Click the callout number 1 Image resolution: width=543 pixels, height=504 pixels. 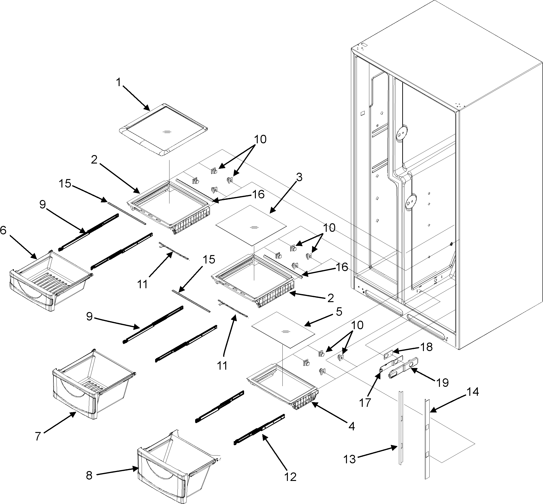(118, 82)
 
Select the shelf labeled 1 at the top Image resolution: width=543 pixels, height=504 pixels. (163, 130)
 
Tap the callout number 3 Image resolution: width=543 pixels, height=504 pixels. (299, 178)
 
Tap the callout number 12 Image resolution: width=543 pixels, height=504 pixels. (290, 477)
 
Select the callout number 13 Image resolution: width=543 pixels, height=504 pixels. (350, 459)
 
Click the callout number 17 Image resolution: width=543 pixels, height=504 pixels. (365, 403)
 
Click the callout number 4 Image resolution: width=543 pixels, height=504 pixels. (352, 426)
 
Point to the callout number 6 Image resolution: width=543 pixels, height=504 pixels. (3, 230)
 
